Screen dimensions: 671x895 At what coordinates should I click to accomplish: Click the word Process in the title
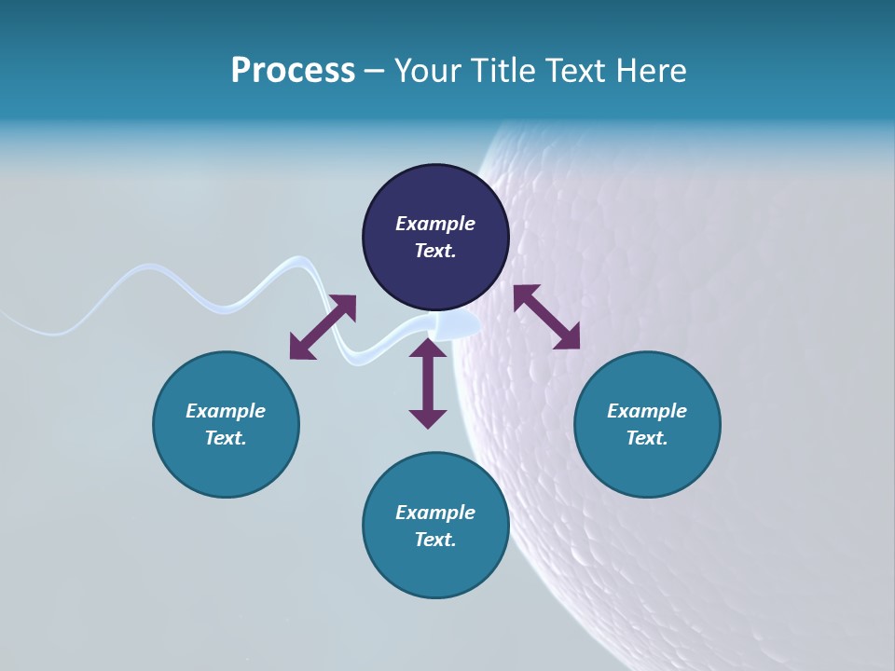pos(293,71)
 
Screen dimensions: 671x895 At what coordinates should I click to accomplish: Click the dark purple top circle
pos(435,196)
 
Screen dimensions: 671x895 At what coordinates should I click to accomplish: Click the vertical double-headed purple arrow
pos(428,384)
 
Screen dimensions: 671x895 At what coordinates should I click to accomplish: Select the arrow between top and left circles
pos(323,327)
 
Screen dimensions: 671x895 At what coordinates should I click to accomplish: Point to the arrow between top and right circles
pos(546,317)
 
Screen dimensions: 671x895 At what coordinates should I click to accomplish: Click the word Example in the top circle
pos(435,224)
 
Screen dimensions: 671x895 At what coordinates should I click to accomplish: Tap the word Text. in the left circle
pos(226,438)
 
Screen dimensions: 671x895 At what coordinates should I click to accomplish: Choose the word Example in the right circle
pos(647,411)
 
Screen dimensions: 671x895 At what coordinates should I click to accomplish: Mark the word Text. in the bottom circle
pos(435,540)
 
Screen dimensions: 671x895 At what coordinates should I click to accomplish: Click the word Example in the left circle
pos(226,411)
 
